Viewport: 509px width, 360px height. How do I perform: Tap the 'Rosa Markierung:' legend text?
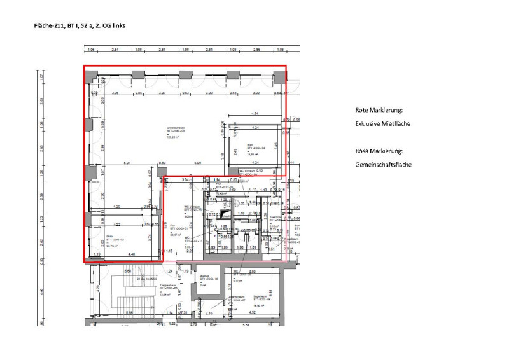click(379, 151)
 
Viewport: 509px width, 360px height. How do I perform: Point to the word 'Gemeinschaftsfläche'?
click(383, 165)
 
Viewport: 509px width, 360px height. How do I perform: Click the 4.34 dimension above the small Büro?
click(255, 113)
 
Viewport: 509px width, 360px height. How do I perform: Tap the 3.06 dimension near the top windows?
click(115, 93)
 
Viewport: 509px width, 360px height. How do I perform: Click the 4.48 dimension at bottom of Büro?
click(132, 255)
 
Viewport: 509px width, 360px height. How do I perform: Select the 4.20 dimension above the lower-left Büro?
click(116, 207)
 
